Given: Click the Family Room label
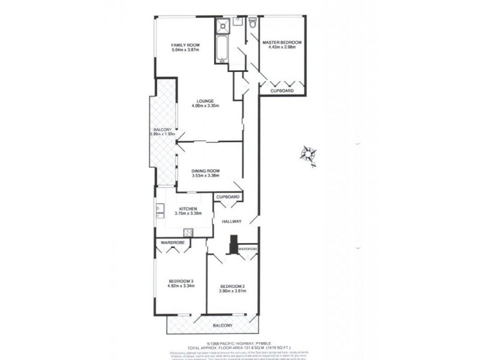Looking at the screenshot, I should [x=185, y=45].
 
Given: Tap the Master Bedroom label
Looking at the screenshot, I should [x=282, y=43].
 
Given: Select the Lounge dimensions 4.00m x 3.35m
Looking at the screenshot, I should [x=205, y=106].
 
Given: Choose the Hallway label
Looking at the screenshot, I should [x=231, y=221].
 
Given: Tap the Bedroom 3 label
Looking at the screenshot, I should [x=181, y=281].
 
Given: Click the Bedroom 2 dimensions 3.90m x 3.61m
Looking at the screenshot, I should [x=232, y=291].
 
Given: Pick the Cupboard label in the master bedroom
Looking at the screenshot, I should [x=281, y=91].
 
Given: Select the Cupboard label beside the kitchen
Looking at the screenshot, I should [x=228, y=197].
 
